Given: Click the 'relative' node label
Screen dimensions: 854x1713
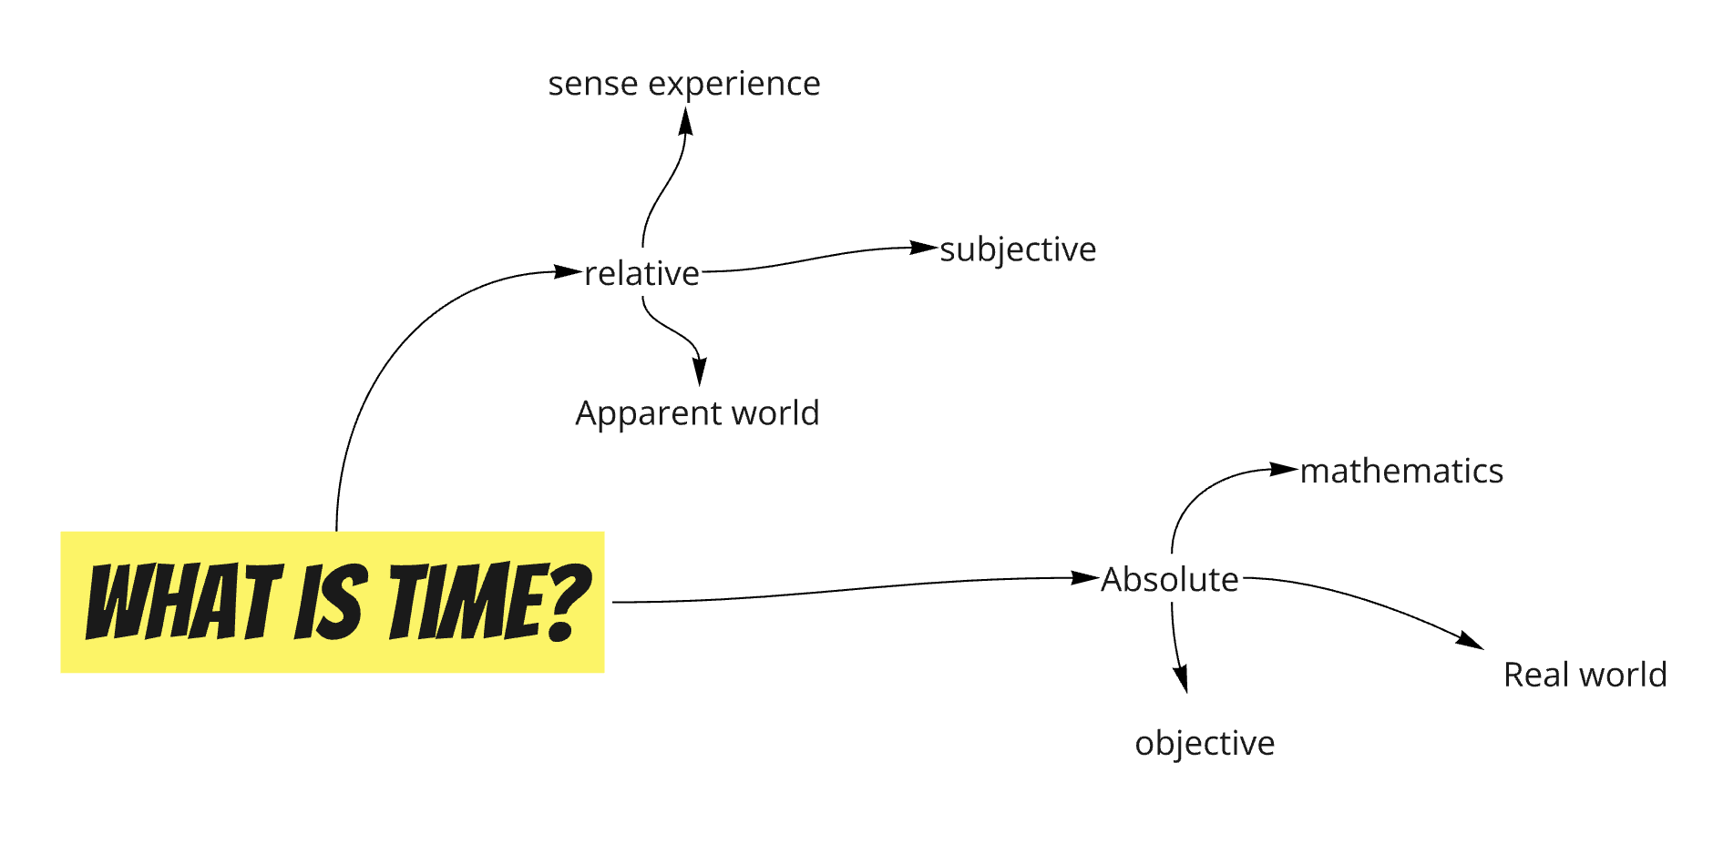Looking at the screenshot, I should [x=641, y=273].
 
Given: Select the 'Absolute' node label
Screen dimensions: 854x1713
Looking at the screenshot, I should [x=1170, y=579].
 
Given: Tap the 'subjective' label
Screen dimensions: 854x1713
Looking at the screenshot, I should [x=1018, y=249].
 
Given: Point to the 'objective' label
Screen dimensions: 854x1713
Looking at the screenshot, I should [x=1205, y=743].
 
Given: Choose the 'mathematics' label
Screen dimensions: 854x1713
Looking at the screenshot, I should [x=1401, y=471].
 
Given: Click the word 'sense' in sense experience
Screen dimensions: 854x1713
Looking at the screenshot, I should [x=593, y=84].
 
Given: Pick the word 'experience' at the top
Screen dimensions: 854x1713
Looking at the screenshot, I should [x=734, y=84].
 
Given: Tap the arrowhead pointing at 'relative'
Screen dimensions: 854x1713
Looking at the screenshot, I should [x=569, y=271].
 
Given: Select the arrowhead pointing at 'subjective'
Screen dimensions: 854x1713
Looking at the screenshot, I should [x=925, y=248].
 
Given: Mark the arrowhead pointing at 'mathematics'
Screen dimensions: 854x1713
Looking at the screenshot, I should [x=1285, y=470].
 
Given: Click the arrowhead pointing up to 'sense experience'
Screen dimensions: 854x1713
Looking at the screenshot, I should [x=686, y=121].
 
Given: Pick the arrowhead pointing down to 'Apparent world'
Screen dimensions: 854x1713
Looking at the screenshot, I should [x=699, y=371].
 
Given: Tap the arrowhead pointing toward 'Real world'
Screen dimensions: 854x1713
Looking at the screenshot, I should [x=1470, y=641].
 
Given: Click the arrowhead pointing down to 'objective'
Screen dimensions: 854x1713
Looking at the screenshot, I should [x=1181, y=678].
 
